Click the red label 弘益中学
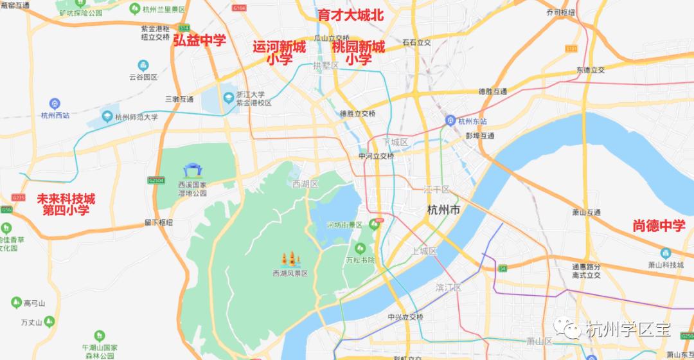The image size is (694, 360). [199, 41]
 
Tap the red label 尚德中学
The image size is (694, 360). [659, 226]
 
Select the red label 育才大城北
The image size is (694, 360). [351, 15]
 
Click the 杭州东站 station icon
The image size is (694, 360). [451, 120]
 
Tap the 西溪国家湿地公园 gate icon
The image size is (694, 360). [191, 170]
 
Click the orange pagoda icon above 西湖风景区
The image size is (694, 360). [290, 259]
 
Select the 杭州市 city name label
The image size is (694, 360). [443, 210]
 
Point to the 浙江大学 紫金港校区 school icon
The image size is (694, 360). [227, 98]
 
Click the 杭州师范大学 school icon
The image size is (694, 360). [107, 118]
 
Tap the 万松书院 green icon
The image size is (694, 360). [360, 248]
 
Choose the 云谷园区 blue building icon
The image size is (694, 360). [143, 65]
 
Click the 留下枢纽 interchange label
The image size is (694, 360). [159, 222]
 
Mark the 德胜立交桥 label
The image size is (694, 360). [358, 114]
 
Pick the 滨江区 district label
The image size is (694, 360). [448, 287]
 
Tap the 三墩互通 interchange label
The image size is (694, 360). [179, 99]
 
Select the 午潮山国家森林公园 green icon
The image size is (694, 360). [99, 335]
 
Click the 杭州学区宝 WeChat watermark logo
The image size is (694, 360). [570, 330]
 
